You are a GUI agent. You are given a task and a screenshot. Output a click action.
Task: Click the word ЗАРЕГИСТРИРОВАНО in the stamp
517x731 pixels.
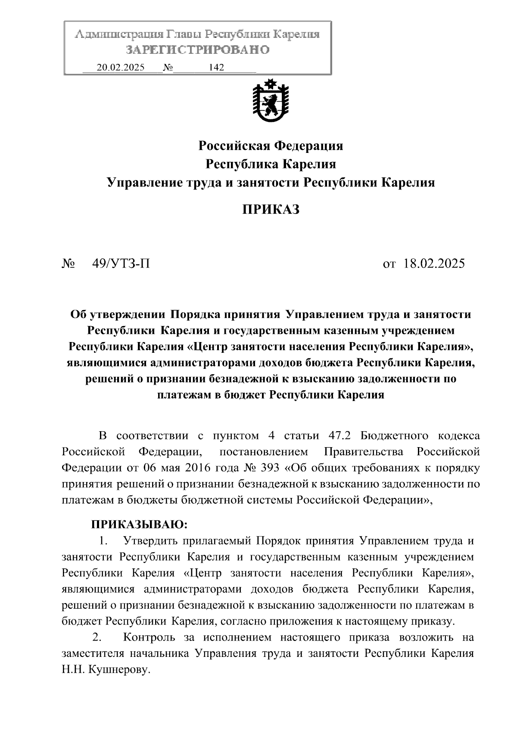197,50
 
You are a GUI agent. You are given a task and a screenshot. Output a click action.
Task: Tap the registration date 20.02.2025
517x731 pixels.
121,68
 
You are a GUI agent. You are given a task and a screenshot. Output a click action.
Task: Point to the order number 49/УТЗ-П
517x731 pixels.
121,263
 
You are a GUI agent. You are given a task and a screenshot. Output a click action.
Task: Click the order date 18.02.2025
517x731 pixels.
434,263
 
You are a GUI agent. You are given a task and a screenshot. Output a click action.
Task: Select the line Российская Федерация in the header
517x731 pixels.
271,146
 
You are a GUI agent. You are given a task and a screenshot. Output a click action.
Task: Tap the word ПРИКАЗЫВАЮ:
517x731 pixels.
139,524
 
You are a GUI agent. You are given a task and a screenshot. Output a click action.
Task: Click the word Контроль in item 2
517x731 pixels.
149,638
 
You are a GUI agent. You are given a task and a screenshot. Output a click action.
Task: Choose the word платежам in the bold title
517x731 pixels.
183,395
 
